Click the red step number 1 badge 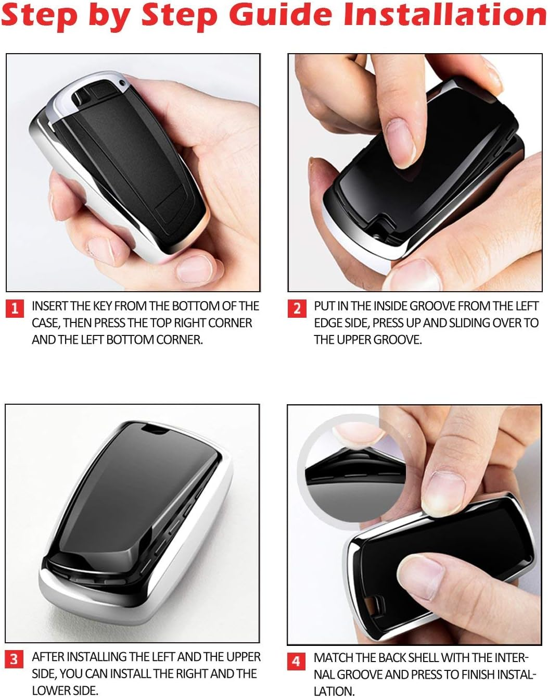(15, 308)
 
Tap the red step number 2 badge (297, 308)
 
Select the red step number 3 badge (14, 659)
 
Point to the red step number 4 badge (296, 662)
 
